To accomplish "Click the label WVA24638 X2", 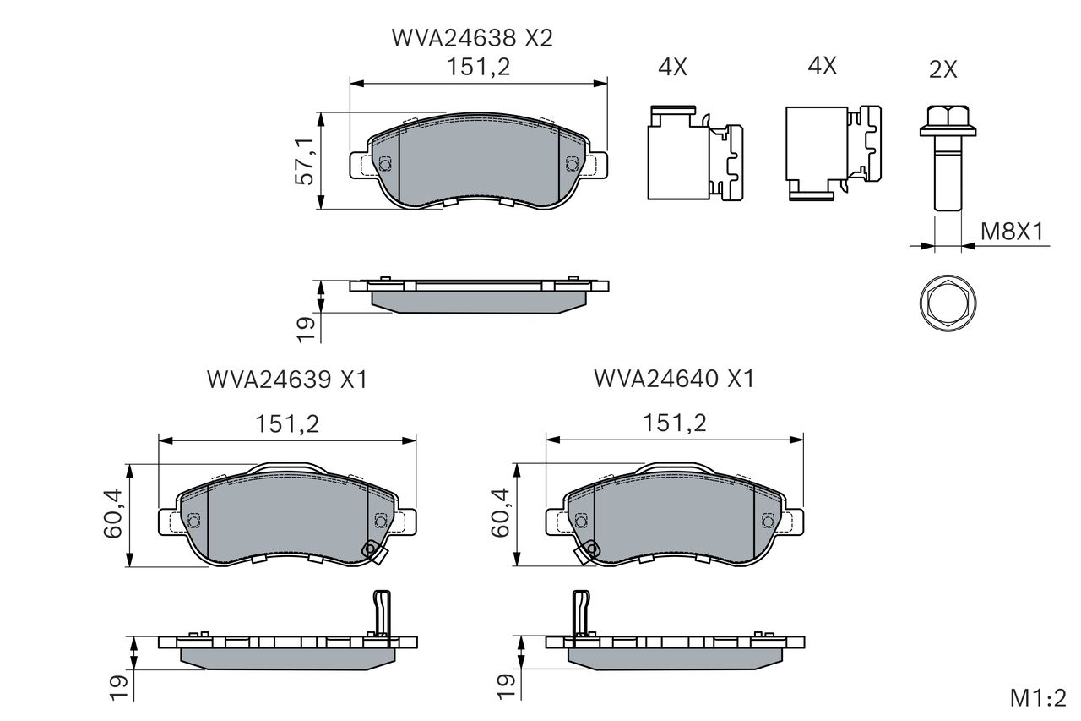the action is (x=472, y=38).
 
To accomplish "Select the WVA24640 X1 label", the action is (x=674, y=379).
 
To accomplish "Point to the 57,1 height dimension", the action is (x=305, y=161).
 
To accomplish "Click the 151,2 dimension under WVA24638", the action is (x=478, y=67).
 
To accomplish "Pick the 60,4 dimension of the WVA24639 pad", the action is (x=113, y=514).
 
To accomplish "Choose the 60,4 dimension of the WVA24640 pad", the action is (x=501, y=512).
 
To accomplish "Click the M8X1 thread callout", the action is (x=1012, y=232).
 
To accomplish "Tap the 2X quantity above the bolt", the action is (x=943, y=70).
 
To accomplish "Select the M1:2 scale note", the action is (x=1038, y=698).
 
